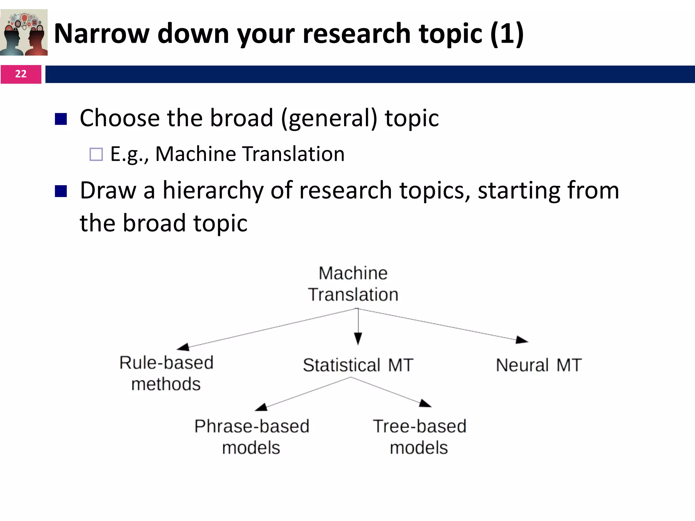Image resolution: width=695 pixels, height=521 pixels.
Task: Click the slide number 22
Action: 21,74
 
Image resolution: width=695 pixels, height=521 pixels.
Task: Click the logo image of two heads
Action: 24,32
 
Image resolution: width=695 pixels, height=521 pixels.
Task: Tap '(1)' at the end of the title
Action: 507,34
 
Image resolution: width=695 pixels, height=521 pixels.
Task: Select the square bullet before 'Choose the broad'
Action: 61,119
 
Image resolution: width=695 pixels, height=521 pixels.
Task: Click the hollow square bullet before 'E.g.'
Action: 96,154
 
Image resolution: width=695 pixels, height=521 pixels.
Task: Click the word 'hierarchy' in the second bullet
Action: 213,191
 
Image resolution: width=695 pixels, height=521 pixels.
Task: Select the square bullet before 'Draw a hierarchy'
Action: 61,191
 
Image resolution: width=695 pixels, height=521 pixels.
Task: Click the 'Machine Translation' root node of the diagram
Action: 353,284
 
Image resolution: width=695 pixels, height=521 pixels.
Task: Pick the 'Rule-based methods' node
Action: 166,373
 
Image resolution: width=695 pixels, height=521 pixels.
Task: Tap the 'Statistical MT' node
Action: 358,365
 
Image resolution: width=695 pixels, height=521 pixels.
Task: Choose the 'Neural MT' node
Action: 539,365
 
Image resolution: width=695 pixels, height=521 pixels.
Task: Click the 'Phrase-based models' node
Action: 252,437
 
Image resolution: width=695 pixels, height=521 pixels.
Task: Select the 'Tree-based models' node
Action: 419,437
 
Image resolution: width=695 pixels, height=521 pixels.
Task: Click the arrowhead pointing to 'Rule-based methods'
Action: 183,347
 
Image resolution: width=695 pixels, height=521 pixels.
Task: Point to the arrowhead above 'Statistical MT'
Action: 358,339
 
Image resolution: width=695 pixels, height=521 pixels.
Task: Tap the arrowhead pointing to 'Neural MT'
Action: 522,340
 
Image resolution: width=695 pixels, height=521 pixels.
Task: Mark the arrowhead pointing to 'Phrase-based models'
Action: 261,407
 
